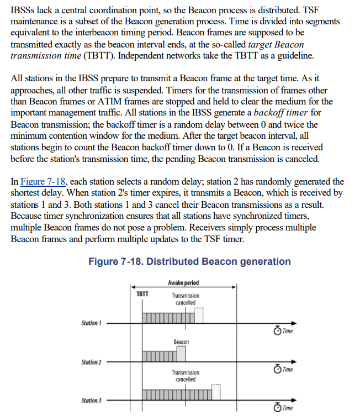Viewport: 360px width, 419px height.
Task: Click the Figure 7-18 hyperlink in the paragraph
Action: pyautogui.click(x=43, y=181)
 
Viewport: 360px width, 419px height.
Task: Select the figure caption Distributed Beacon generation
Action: pyautogui.click(x=189, y=261)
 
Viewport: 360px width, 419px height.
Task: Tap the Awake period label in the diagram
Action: pyautogui.click(x=183, y=283)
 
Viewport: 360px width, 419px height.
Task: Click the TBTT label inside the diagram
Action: pyautogui.click(x=142, y=294)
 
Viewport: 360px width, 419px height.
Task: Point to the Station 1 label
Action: pyautogui.click(x=91, y=322)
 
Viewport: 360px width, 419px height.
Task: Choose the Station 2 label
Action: pyautogui.click(x=91, y=362)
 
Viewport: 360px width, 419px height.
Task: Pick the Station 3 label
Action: pyautogui.click(x=91, y=400)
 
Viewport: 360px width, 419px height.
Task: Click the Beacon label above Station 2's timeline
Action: pyautogui.click(x=181, y=342)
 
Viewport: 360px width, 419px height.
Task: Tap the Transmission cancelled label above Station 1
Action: pyautogui.click(x=186, y=299)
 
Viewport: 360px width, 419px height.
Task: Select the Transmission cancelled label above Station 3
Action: pyautogui.click(x=186, y=376)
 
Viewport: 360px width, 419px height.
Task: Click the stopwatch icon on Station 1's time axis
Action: pyautogui.click(x=277, y=331)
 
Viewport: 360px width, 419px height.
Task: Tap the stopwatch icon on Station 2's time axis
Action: pyautogui.click(x=277, y=369)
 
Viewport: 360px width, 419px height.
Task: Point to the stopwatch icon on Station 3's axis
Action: pyautogui.click(x=277, y=408)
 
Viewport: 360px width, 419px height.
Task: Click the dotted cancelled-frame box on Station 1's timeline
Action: pyautogui.click(x=199, y=315)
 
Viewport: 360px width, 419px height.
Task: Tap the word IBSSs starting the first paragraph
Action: pyautogui.click(x=24, y=9)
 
